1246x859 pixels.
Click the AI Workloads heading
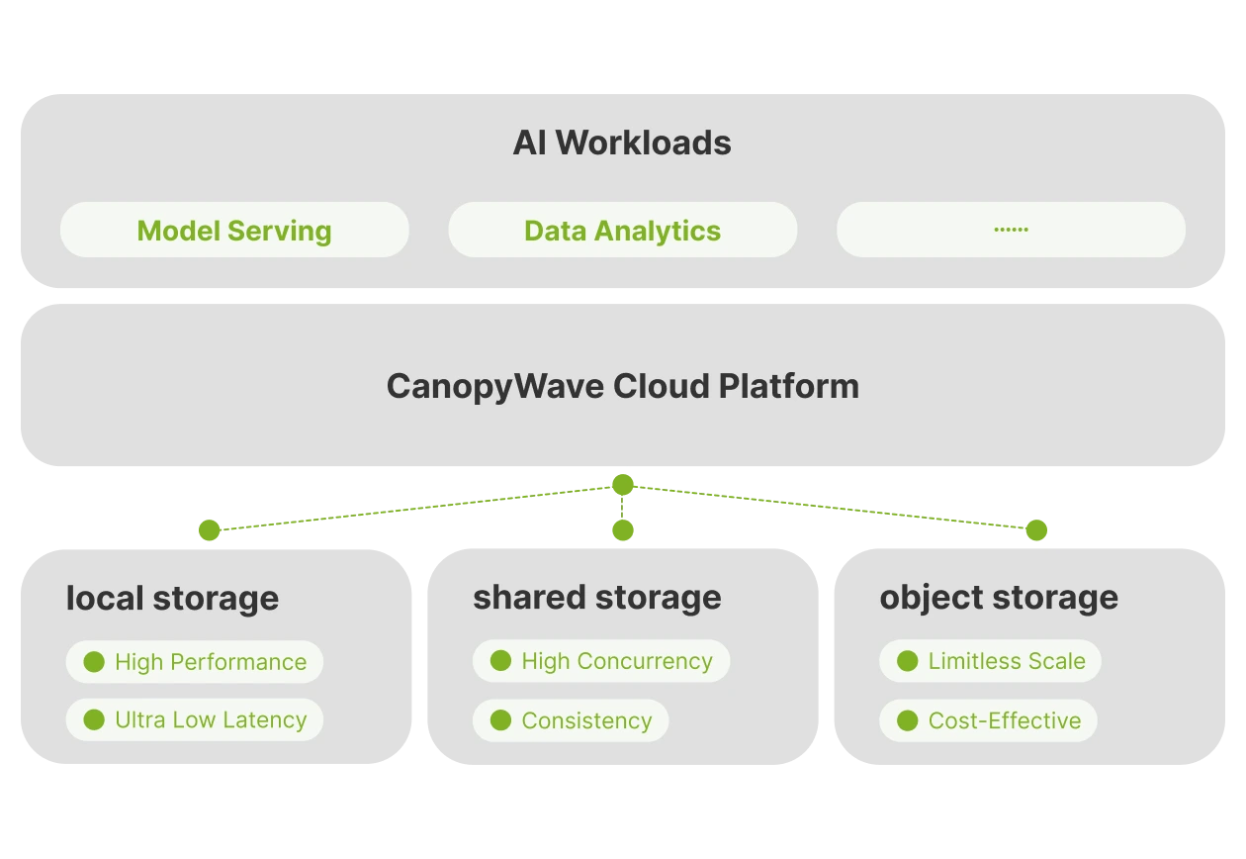click(x=622, y=143)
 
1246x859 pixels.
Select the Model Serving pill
click(x=234, y=230)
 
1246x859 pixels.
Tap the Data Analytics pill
click(x=622, y=230)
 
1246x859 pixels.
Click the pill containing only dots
click(x=1011, y=230)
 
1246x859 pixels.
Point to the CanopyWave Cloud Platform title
click(x=623, y=386)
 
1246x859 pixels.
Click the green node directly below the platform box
click(x=622, y=484)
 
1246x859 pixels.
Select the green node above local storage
click(x=210, y=530)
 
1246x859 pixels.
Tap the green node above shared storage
click(x=622, y=530)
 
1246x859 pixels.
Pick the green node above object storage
click(x=1036, y=530)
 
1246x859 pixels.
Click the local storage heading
click(x=172, y=599)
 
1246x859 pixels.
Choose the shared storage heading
click(x=597, y=598)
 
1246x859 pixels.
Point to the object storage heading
click(x=999, y=598)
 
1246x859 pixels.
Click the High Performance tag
click(x=195, y=662)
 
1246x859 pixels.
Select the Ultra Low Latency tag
click(x=195, y=719)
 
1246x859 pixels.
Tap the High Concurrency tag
click(x=601, y=661)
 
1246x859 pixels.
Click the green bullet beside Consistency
click(x=500, y=719)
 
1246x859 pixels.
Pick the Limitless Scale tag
click(x=990, y=661)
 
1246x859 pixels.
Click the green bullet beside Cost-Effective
click(x=907, y=719)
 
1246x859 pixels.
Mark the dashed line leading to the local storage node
click(x=416, y=508)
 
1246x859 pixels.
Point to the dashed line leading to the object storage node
click(x=830, y=507)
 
